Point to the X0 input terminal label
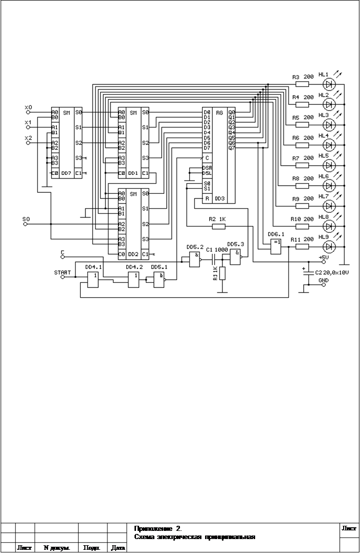tap(28, 107)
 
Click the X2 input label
tap(28, 138)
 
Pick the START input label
tap(62, 273)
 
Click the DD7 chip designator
tap(66, 173)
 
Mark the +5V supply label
tap(324, 257)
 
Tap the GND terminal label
tap(324, 281)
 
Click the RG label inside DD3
tap(220, 112)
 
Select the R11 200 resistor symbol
tap(302, 246)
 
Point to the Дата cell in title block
tap(118, 548)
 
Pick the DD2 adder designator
tap(132, 254)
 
